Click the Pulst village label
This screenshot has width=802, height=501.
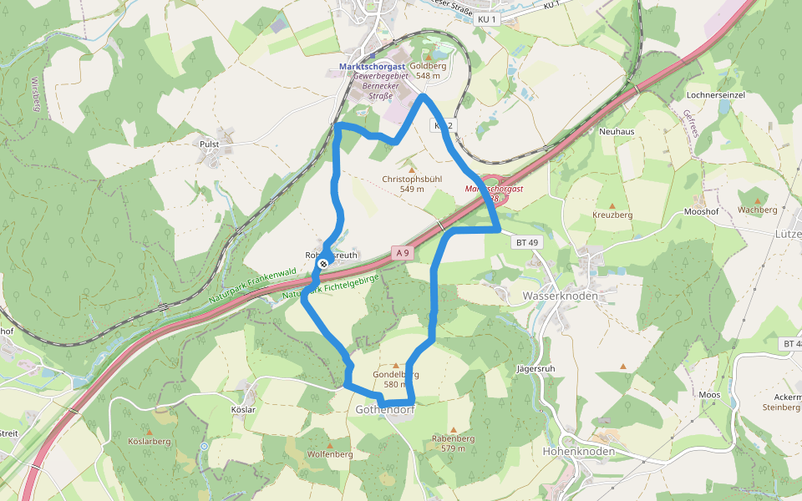(x=209, y=144)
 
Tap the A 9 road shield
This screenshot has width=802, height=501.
(x=404, y=252)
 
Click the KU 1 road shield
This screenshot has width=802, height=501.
(x=487, y=18)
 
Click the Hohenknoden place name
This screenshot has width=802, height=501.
(x=579, y=452)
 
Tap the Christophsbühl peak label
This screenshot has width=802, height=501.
(x=412, y=180)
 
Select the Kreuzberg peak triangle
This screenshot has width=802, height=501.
(x=612, y=205)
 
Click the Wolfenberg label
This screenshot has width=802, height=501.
(x=330, y=454)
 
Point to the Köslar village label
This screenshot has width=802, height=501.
(x=242, y=410)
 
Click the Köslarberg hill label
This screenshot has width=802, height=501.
(x=150, y=440)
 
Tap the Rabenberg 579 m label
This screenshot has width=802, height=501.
(x=454, y=443)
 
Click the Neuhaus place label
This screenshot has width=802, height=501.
(x=617, y=132)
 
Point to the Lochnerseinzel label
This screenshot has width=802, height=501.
(x=714, y=95)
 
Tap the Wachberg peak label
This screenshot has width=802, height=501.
(x=758, y=210)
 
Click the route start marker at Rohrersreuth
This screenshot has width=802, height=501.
(x=322, y=264)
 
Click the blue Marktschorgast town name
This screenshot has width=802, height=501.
(x=372, y=66)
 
